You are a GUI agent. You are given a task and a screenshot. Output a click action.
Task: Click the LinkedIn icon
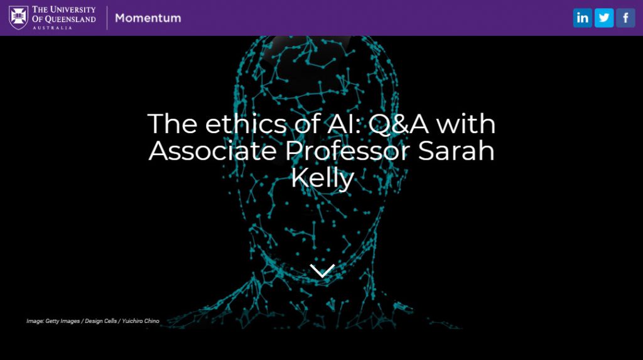click(582, 18)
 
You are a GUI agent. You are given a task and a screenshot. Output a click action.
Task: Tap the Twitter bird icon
click(604, 18)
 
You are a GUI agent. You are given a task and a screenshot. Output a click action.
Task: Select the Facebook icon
click(626, 18)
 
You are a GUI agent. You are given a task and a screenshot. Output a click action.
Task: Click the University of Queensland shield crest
click(18, 18)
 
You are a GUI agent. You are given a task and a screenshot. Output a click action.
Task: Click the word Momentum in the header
click(148, 18)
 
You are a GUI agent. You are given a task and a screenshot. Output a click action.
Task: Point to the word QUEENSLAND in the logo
click(70, 19)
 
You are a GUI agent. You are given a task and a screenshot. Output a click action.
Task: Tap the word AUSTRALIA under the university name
click(52, 28)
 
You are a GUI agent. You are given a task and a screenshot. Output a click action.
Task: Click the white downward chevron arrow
click(322, 271)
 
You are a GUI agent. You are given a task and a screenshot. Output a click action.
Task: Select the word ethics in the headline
click(246, 124)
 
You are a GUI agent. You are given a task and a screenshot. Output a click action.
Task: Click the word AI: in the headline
click(343, 124)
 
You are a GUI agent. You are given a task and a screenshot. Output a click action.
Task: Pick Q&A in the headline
click(398, 124)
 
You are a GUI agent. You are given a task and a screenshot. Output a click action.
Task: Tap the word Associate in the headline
click(212, 151)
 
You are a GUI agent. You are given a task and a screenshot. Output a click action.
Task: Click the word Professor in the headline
click(347, 151)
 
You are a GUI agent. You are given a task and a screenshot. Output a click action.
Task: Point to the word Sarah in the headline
click(456, 151)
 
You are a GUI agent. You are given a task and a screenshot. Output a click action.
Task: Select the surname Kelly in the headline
click(322, 178)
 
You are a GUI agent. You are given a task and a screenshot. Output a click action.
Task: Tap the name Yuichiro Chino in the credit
click(141, 321)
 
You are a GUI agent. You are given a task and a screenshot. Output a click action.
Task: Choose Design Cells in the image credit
click(101, 321)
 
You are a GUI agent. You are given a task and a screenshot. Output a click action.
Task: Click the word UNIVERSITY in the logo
click(72, 9)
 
